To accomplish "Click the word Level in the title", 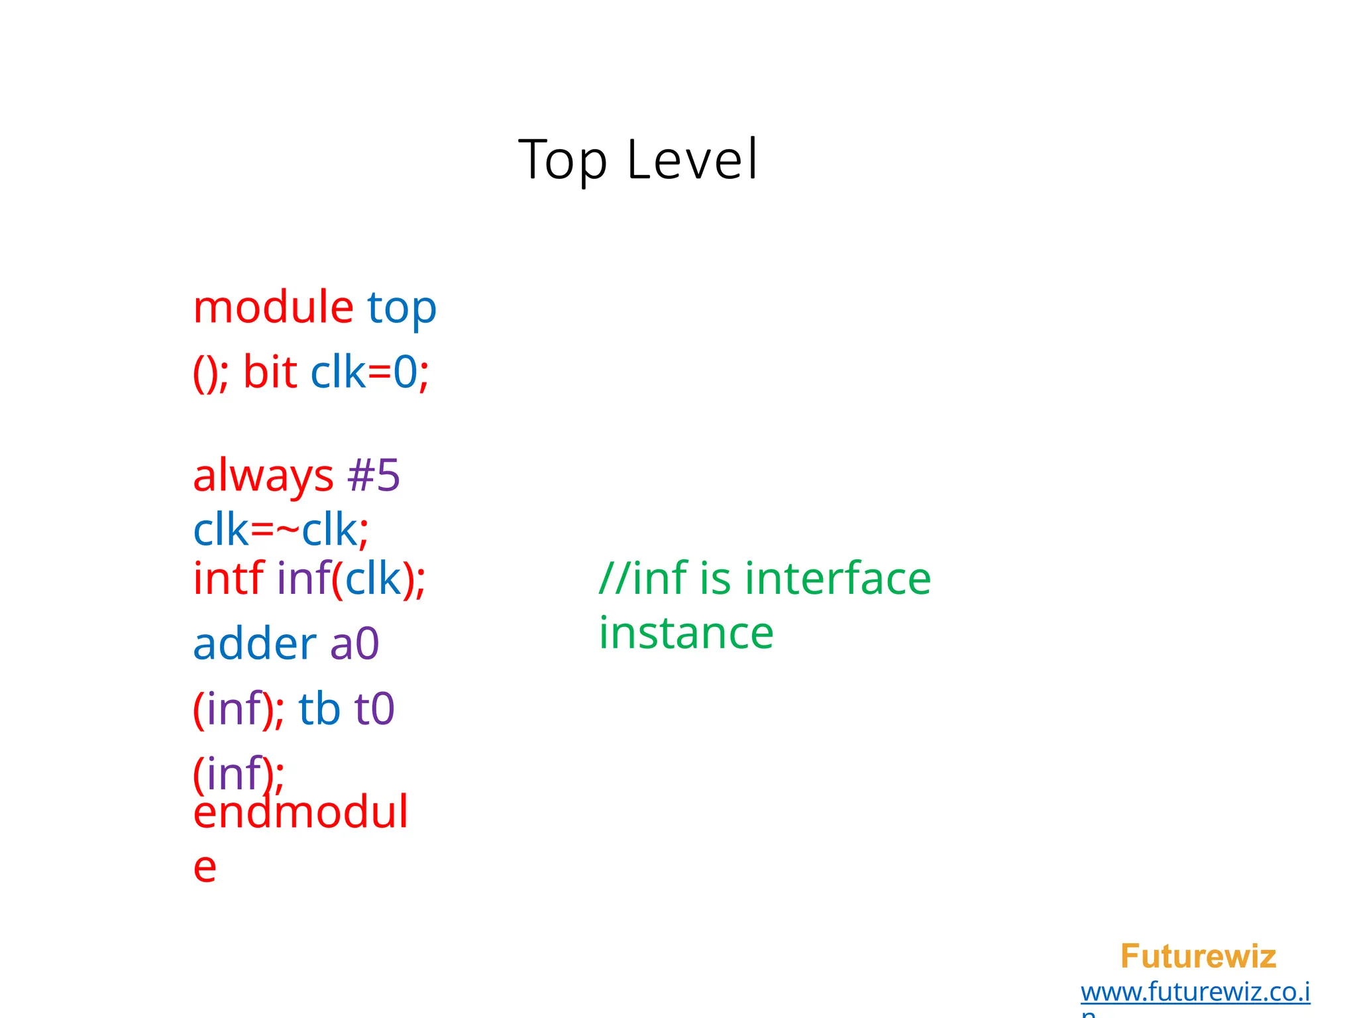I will (x=692, y=160).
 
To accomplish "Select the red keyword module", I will (x=273, y=308).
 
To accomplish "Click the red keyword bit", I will (x=270, y=372).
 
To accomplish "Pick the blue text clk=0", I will (x=364, y=372).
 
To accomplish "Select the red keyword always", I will (x=263, y=477).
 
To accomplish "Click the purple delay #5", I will (x=374, y=475).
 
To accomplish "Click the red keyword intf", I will (x=228, y=578).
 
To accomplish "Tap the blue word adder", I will (x=254, y=644).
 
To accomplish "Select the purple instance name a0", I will (x=354, y=644).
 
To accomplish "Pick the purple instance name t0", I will (x=374, y=708).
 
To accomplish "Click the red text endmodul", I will (x=300, y=813).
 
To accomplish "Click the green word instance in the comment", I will (x=686, y=633).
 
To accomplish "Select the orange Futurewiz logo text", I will (x=1197, y=956).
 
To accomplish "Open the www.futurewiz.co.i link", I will (x=1195, y=992).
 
